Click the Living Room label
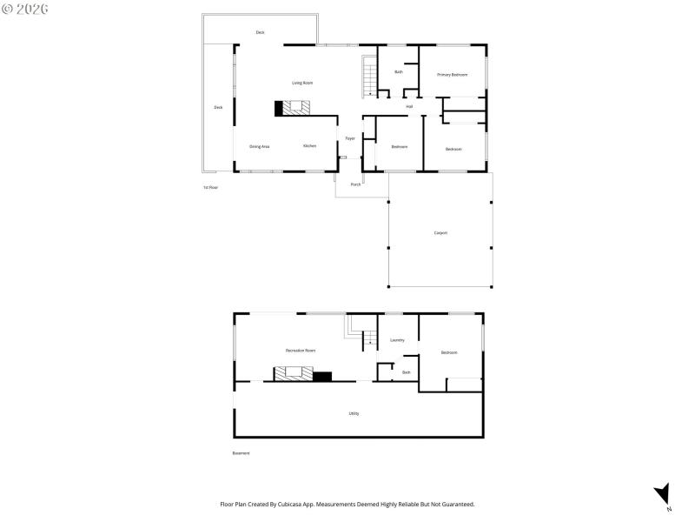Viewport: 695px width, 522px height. click(302, 83)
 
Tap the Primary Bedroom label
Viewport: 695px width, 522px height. click(453, 75)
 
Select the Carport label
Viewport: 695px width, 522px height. click(440, 233)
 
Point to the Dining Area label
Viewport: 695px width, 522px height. click(260, 146)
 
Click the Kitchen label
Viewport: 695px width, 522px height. click(309, 146)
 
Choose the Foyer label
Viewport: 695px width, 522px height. click(350, 138)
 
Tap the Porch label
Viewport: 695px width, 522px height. click(355, 184)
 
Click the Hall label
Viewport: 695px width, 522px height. click(409, 106)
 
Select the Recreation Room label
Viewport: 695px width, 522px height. click(301, 351)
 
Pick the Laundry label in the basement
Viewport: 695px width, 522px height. click(398, 340)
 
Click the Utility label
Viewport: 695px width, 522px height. click(354, 413)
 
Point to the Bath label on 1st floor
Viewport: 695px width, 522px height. click(399, 72)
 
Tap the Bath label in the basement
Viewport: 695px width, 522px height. click(406, 372)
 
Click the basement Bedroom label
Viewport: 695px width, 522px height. click(449, 352)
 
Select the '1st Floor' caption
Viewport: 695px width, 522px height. click(210, 188)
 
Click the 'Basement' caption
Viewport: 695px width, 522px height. click(241, 453)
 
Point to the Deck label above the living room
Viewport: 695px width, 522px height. click(260, 32)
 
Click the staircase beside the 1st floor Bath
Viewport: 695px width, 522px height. click(369, 77)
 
